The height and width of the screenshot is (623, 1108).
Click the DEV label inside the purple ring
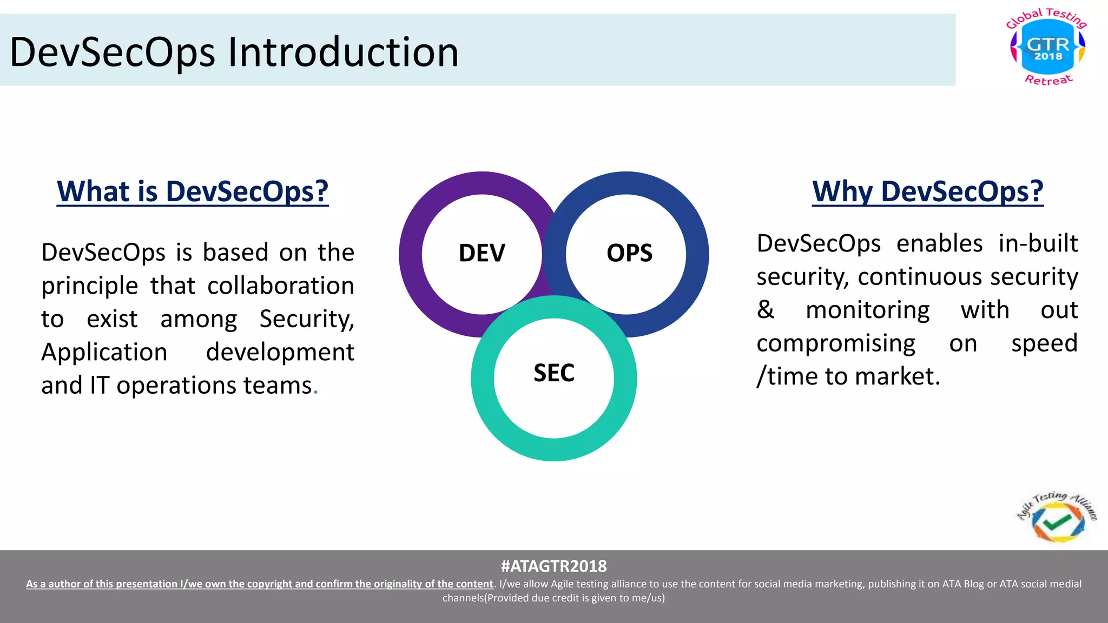482,253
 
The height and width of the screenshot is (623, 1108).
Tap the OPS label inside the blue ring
629,253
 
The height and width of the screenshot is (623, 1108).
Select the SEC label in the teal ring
553,373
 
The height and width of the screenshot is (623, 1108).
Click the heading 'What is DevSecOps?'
193,191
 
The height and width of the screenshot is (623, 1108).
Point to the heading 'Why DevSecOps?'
927,191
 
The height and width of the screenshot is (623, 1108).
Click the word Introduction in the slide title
343,52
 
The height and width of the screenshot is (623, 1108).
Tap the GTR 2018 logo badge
1047,48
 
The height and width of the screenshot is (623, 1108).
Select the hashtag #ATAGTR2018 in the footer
553,566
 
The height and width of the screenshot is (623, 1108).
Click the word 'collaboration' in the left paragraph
280,286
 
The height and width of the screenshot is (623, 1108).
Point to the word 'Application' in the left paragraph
104,352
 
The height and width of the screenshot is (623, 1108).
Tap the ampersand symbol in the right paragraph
765,310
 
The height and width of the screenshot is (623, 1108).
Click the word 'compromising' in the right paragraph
835,343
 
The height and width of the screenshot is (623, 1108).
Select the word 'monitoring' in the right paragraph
867,310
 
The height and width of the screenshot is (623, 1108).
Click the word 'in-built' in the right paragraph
1038,243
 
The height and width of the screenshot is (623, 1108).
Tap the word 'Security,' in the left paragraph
307,319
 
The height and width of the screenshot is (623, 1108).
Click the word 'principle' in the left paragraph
90,286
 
